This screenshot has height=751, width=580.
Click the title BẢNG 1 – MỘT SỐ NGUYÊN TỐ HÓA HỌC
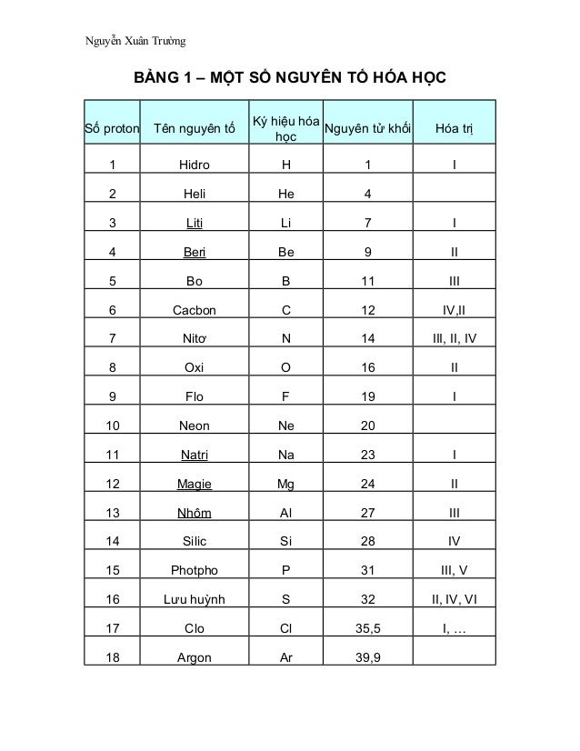coord(290,78)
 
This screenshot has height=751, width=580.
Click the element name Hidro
coord(195,166)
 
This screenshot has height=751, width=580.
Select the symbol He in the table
coord(285,195)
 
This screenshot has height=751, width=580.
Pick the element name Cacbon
coord(195,311)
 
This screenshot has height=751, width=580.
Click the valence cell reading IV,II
coord(454,311)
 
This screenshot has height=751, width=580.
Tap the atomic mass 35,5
coord(367,627)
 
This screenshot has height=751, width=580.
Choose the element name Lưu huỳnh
coord(195,599)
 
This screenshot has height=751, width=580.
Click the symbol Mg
coord(285,484)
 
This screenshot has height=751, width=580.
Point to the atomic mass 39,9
coord(367,656)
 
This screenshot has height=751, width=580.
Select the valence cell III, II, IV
coord(454,339)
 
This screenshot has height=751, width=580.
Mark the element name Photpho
coord(195,570)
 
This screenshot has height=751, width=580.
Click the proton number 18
coord(112,656)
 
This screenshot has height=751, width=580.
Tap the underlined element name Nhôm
coord(195,513)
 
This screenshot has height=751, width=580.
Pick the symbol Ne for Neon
coord(285,426)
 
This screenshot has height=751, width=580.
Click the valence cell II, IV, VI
coord(454,599)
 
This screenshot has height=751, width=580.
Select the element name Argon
coord(195,656)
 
